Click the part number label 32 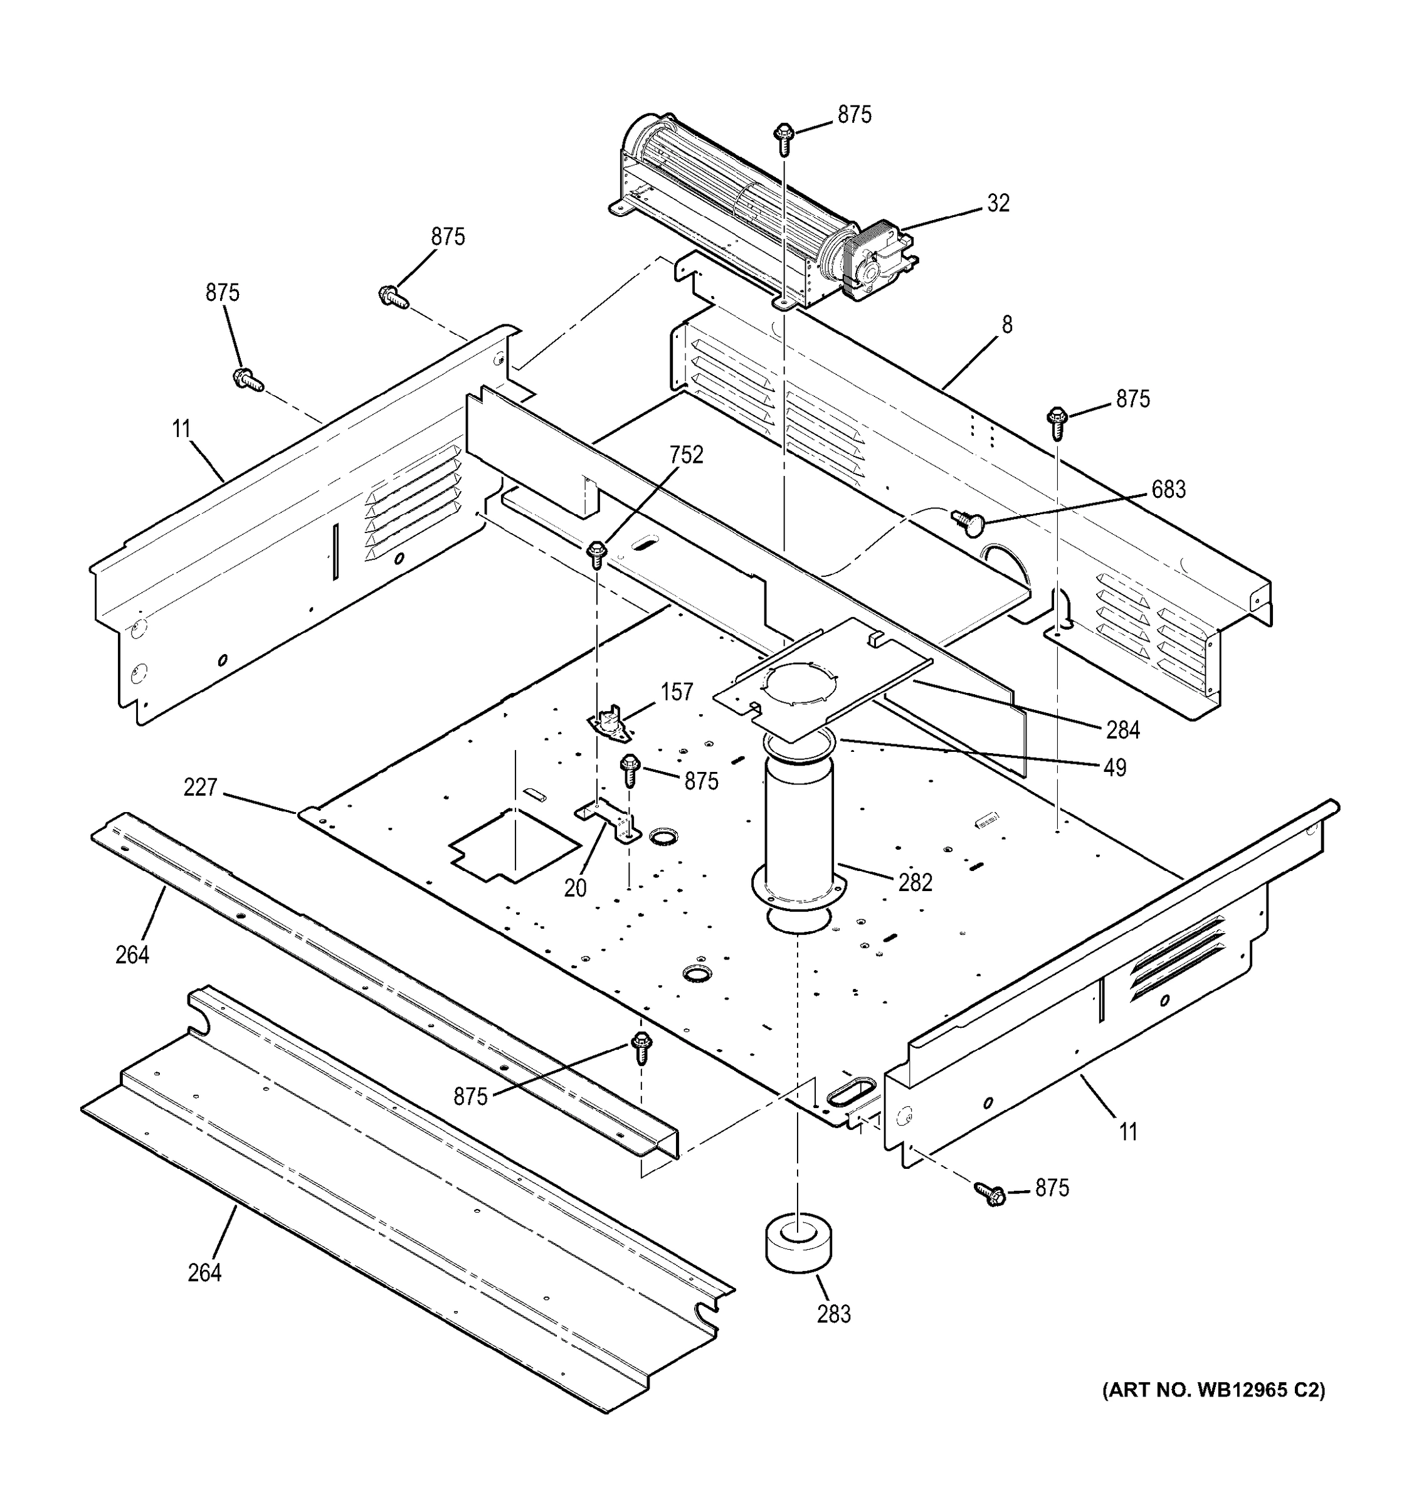click(x=998, y=203)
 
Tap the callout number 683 click(x=1168, y=490)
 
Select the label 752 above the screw click(x=686, y=455)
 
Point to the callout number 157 click(x=676, y=692)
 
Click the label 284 click(x=1122, y=730)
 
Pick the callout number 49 click(x=1114, y=768)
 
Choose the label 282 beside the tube click(x=915, y=883)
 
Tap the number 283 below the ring click(x=833, y=1314)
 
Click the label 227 click(x=200, y=788)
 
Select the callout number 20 click(x=575, y=888)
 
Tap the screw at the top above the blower click(x=783, y=139)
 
